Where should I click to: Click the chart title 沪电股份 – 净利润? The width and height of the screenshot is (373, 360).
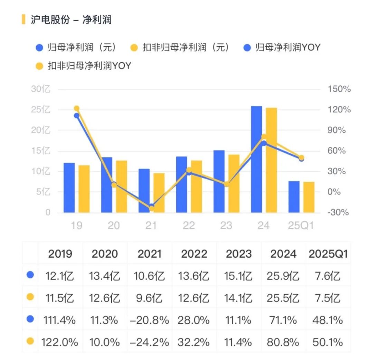point(71,19)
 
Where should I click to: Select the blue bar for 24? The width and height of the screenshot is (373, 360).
point(256,159)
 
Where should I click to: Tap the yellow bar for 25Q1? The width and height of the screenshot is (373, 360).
point(309,197)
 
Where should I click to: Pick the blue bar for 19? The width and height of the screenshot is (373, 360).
point(69,188)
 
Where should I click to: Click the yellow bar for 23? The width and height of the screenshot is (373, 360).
point(234,183)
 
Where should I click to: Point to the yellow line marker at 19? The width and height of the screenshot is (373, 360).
point(77,109)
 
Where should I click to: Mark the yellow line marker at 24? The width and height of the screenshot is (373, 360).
point(264,137)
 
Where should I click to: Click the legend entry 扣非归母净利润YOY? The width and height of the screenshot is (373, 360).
point(83,66)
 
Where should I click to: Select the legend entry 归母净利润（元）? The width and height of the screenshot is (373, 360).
point(76,47)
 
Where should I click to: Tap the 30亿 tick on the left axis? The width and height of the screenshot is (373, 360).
point(41,89)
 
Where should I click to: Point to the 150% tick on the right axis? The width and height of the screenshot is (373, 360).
point(339,89)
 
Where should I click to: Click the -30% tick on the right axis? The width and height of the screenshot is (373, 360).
point(338,212)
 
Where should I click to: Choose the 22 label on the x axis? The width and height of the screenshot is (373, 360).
point(189,225)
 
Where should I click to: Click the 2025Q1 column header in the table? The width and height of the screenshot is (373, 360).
point(328,254)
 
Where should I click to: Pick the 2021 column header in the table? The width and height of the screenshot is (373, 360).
point(150,254)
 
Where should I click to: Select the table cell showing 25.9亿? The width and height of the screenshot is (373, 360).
point(283,276)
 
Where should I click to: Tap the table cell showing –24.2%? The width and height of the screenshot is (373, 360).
point(150,342)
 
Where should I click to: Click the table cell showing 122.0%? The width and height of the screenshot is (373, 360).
point(60,342)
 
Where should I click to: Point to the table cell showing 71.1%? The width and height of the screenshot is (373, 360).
point(283,320)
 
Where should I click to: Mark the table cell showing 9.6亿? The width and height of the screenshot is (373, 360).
point(150,298)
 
